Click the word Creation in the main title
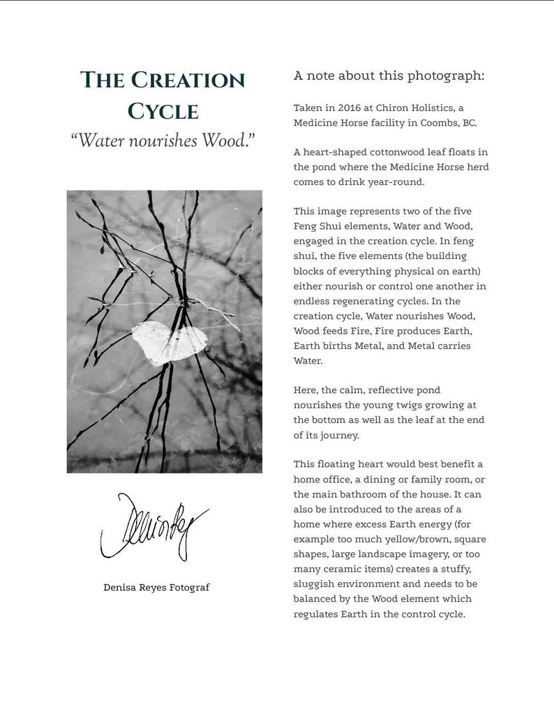[x=187, y=80]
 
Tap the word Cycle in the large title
[x=163, y=112]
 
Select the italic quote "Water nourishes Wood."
[x=163, y=140]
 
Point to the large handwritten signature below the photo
[x=154, y=526]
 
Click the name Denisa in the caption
[x=120, y=588]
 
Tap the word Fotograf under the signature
[x=189, y=588]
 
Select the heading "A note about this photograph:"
[x=389, y=75]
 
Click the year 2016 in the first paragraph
[x=351, y=108]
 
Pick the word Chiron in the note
[x=393, y=108]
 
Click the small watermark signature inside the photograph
[x=231, y=461]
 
